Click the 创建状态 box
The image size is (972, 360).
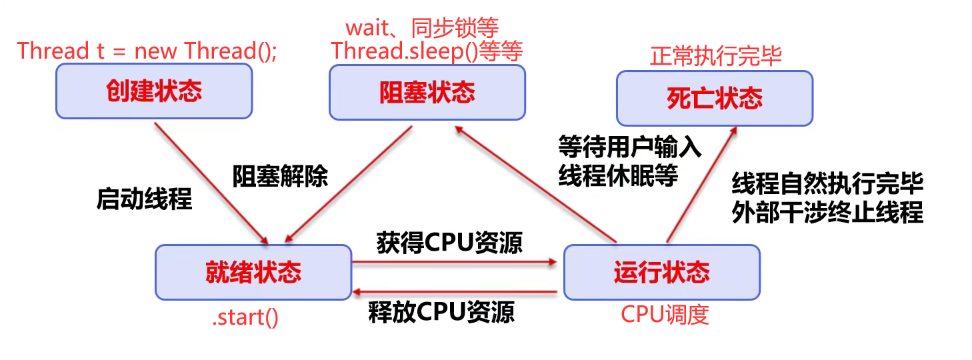point(154,92)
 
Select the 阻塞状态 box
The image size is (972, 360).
point(427,92)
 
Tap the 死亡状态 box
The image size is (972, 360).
point(714,99)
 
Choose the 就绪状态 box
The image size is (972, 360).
point(253,272)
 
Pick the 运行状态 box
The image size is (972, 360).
point(661,272)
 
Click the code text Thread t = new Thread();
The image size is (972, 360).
point(147,51)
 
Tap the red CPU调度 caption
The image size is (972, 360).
point(665,315)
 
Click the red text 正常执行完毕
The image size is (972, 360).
point(715,56)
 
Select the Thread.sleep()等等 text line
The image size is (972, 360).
point(427,51)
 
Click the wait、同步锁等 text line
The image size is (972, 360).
point(422,27)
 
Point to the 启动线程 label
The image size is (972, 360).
point(144,199)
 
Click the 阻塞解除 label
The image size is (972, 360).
point(280,177)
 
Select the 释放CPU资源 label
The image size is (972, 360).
point(441,312)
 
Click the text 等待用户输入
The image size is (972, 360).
point(629,146)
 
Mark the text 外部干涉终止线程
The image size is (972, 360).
point(827,213)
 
